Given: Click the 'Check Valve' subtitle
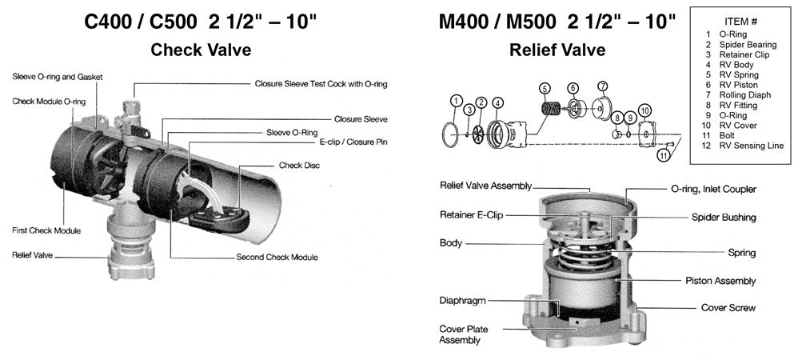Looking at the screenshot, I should [x=201, y=50].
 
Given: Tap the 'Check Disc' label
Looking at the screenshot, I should [x=301, y=166].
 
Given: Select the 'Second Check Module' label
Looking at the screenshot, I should [x=277, y=258].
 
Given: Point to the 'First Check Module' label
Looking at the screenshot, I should [x=46, y=230].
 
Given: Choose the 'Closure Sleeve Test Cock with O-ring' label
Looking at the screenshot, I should [x=321, y=83].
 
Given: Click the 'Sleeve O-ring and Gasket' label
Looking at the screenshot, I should [x=58, y=77].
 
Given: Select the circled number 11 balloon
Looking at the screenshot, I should [x=664, y=155].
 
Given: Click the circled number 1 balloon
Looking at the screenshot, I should [x=456, y=102].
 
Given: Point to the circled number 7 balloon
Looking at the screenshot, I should [x=603, y=86].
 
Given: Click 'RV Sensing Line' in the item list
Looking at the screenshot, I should [x=752, y=145].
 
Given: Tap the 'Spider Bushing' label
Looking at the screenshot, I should [x=724, y=217].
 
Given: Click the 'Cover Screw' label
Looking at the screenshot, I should [x=728, y=307].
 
